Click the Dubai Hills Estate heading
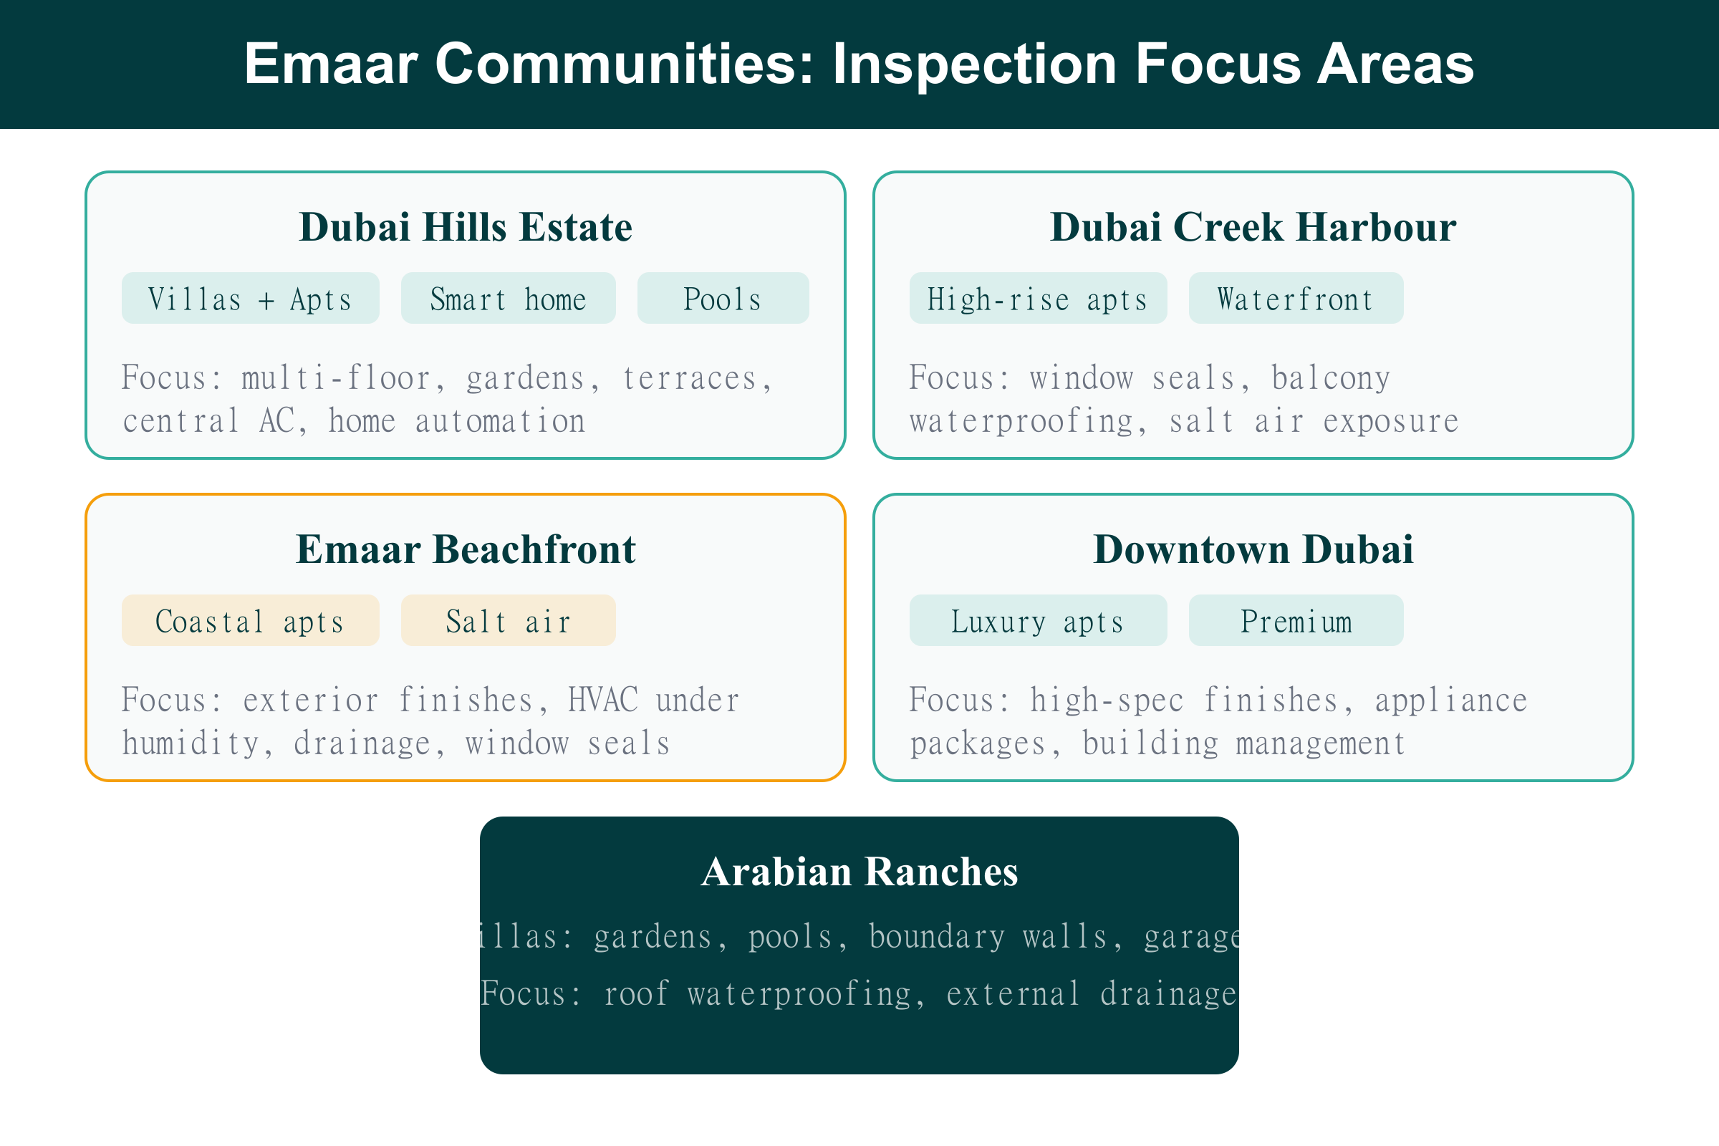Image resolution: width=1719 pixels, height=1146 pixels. (466, 227)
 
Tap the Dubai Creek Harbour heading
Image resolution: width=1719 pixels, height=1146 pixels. (1253, 227)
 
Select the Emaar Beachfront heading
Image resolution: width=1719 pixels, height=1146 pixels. (466, 549)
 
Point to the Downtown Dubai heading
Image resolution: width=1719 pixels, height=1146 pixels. (1253, 549)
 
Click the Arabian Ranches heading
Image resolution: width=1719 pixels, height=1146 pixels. (859, 872)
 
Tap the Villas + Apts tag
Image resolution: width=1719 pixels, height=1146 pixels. (250, 299)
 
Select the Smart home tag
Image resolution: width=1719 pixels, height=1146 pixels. (508, 299)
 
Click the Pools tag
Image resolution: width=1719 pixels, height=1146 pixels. (723, 299)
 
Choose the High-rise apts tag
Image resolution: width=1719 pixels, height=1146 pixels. (1038, 299)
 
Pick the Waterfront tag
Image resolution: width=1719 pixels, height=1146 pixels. (1296, 299)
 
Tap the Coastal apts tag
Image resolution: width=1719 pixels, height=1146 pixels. (250, 621)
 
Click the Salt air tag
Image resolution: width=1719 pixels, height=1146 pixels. (508, 621)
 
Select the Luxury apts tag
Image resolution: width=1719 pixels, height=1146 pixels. (1038, 621)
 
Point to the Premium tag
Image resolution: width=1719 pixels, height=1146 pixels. (1296, 621)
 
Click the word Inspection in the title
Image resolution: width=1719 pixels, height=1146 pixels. (974, 64)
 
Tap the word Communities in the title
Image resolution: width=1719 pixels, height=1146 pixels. (624, 64)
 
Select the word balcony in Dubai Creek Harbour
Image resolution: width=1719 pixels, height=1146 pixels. (1331, 378)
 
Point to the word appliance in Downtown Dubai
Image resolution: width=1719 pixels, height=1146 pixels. (1451, 700)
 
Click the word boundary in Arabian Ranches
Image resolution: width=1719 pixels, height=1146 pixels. (936, 937)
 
